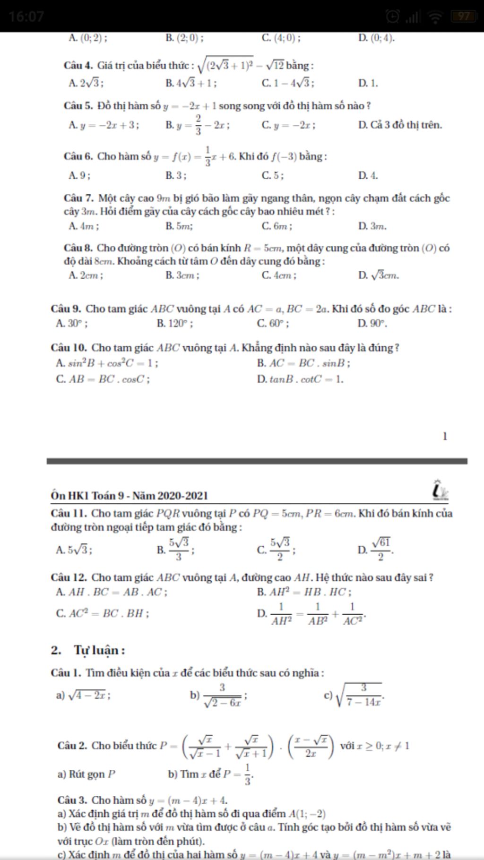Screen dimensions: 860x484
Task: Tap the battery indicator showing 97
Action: [x=462, y=17]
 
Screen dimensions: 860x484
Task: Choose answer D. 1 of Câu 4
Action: [x=368, y=84]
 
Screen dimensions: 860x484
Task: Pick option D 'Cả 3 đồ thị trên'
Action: [x=400, y=125]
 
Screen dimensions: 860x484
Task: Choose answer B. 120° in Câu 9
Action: [x=174, y=324]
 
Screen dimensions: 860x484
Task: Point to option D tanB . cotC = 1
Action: [x=300, y=379]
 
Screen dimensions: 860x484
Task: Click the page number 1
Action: [x=444, y=436]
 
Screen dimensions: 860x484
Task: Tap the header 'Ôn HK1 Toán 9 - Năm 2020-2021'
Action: [x=130, y=495]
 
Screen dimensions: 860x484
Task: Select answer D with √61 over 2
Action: [x=376, y=549]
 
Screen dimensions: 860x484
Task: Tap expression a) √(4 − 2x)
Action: [x=83, y=695]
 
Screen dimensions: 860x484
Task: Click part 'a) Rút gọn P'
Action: [x=86, y=774]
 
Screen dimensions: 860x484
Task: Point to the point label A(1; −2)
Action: [x=307, y=814]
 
